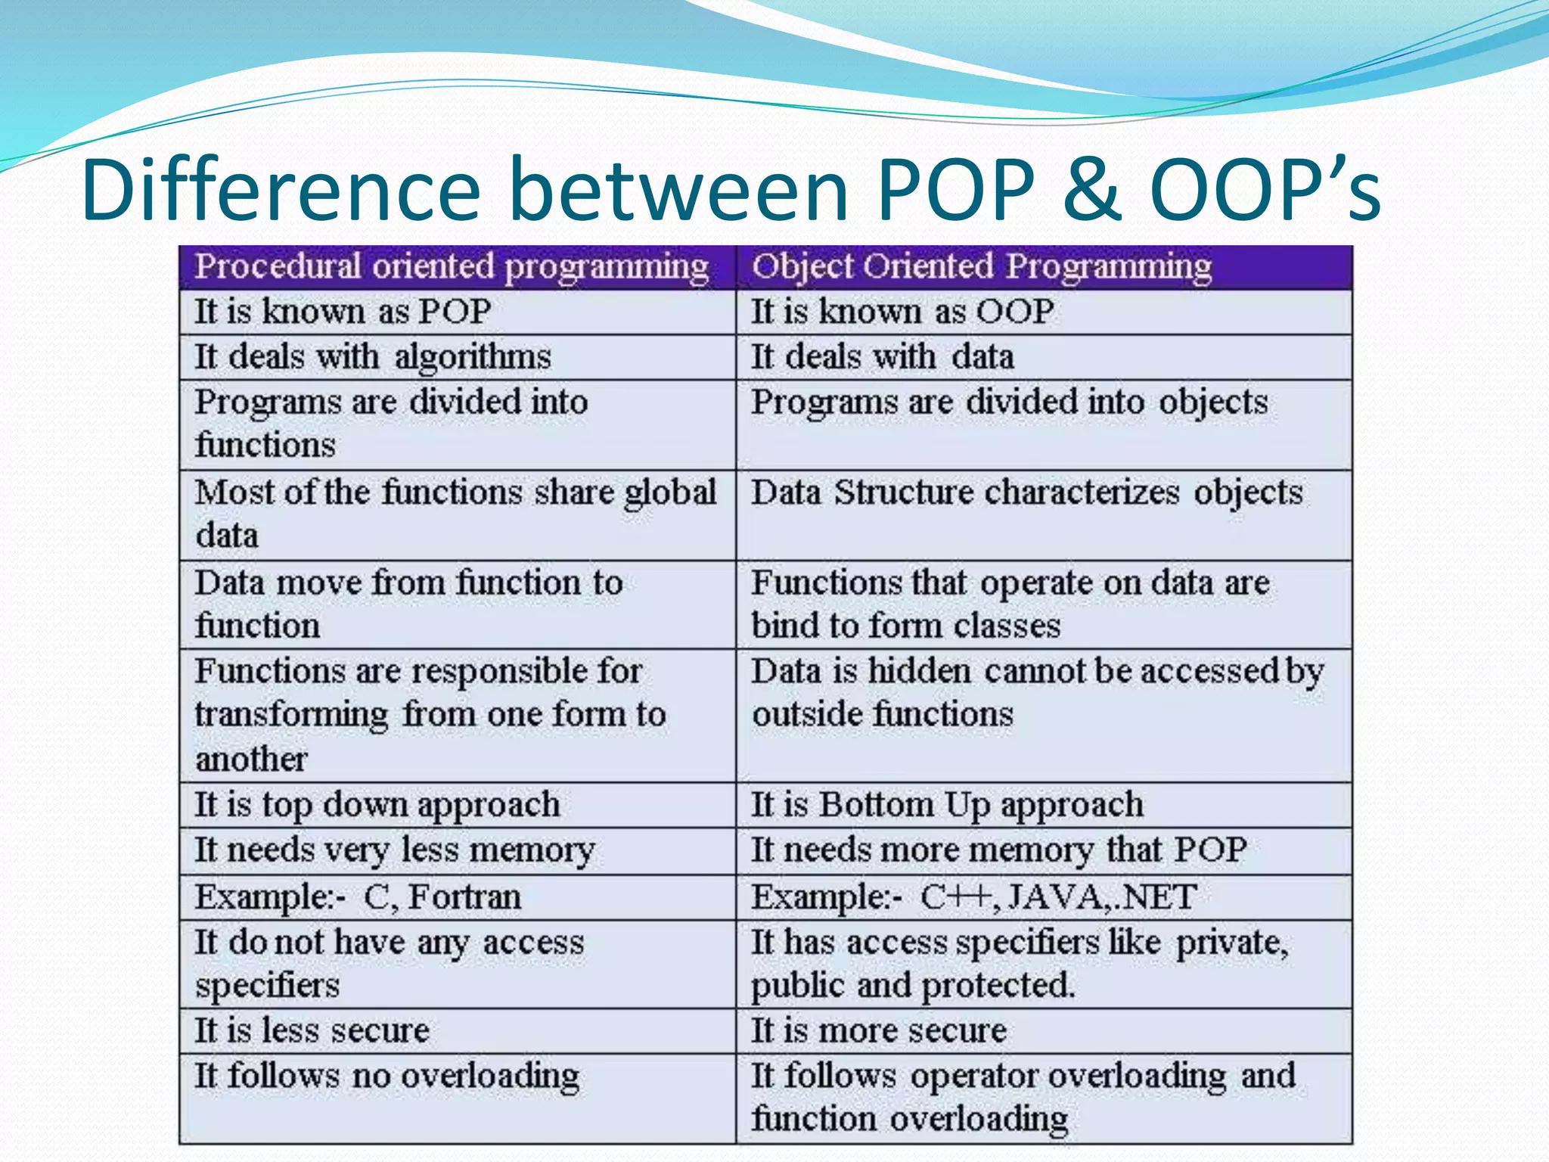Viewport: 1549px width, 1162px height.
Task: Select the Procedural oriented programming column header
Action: point(452,267)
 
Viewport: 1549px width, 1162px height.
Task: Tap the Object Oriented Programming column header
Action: point(981,267)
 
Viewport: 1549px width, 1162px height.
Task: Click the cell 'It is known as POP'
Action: point(343,312)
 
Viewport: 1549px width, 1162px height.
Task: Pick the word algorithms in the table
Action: point(473,357)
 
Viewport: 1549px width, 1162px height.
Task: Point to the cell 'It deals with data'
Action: point(882,357)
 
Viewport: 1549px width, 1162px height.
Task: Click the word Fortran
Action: point(464,897)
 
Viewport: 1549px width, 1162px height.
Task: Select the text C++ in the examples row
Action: point(955,897)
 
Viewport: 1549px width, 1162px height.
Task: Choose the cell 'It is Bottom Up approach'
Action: point(947,805)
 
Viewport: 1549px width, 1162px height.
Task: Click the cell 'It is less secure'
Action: point(312,1030)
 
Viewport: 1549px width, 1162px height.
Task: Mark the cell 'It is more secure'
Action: point(879,1030)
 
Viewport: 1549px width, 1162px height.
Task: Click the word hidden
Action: point(919,672)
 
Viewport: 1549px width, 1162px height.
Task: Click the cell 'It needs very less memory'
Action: point(395,850)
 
